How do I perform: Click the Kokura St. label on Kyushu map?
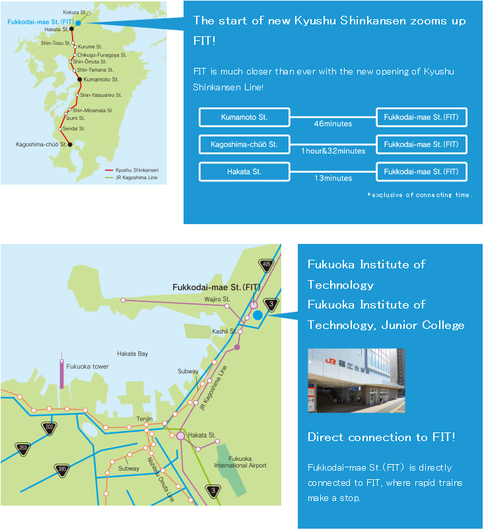coord(74,12)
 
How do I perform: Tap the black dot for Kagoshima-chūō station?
coord(70,144)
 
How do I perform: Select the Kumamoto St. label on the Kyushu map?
coord(101,79)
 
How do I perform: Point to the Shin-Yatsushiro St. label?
coord(101,96)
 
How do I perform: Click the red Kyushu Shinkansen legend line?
coord(109,170)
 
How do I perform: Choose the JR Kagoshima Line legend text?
coord(137,177)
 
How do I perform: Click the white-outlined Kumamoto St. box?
coord(244,117)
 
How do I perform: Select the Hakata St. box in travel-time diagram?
coord(244,171)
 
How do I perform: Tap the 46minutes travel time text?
coord(333,124)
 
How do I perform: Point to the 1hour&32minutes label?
coord(333,151)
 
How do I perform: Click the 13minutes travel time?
coord(333,178)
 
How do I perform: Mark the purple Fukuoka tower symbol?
coord(61,370)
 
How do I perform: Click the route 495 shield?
coord(266,265)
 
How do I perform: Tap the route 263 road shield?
coord(23,448)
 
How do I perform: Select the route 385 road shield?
coord(62,470)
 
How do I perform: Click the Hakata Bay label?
coord(132,354)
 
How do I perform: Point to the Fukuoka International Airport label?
coord(240,462)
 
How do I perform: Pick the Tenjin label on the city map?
coord(145,419)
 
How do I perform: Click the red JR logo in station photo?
coord(330,361)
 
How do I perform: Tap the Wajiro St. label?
coord(217,299)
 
